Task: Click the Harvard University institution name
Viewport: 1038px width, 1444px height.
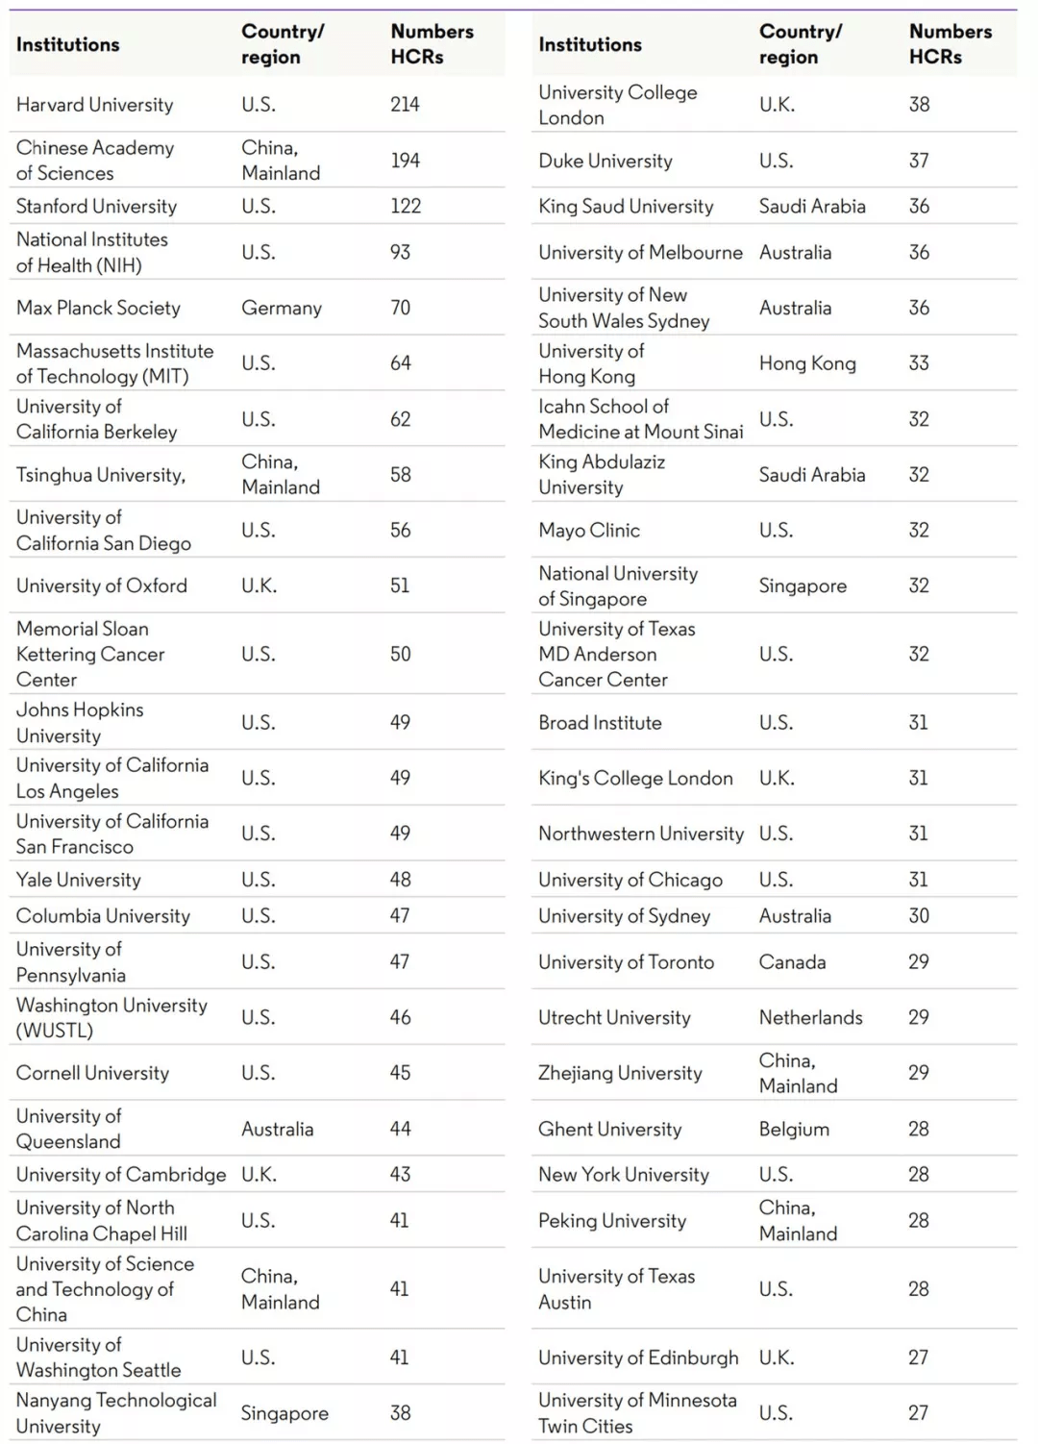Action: coord(94,105)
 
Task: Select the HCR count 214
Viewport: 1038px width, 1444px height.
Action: coord(405,105)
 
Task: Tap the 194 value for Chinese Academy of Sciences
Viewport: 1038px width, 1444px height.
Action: coord(405,161)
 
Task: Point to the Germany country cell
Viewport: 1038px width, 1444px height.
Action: coord(281,309)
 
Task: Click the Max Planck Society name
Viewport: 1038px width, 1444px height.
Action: coord(98,309)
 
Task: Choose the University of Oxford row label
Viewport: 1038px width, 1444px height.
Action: coord(101,585)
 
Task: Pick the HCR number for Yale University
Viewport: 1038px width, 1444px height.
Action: coord(400,880)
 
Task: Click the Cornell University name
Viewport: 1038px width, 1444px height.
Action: coord(92,1073)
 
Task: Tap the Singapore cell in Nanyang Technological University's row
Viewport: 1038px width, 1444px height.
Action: coord(284,1413)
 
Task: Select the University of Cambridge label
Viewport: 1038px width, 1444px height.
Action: coord(121,1175)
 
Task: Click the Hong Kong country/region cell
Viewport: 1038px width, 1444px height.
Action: coord(806,363)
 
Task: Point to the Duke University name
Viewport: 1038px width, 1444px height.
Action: coord(605,161)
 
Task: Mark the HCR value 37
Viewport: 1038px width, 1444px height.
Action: coord(919,161)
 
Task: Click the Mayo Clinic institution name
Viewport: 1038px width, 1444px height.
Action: coord(588,531)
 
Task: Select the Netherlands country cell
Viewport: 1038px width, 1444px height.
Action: coord(810,1017)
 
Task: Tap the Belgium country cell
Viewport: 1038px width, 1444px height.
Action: coord(793,1130)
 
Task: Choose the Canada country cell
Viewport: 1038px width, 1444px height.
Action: coord(792,962)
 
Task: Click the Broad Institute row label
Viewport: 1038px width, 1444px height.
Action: coord(600,723)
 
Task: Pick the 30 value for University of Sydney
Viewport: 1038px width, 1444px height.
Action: coord(919,916)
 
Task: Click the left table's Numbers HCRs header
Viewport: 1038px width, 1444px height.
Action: coord(432,44)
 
